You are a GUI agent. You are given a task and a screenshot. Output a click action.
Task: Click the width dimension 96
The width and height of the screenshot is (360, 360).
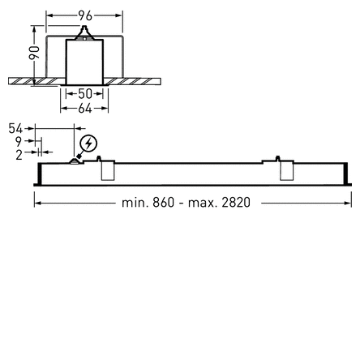tap(84, 15)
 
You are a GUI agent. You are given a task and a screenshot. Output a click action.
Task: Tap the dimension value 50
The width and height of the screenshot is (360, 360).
tap(84, 94)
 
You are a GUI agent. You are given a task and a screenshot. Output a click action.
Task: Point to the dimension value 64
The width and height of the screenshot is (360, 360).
tap(84, 106)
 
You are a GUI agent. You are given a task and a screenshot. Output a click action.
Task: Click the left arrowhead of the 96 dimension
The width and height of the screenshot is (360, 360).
tap(47, 15)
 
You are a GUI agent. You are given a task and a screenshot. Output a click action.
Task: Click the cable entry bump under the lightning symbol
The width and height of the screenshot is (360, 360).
tap(76, 161)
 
